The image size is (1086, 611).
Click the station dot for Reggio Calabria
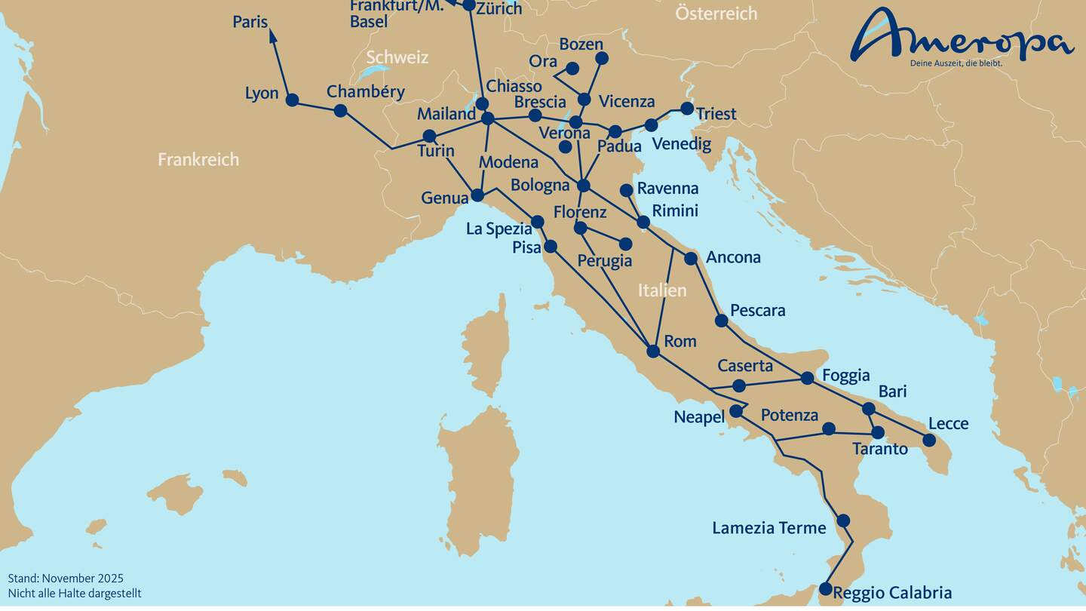(x=825, y=588)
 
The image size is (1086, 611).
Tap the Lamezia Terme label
(x=769, y=528)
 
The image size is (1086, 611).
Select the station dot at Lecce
(x=929, y=440)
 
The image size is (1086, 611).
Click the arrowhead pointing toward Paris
(x=272, y=34)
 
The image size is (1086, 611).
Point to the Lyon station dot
(x=293, y=100)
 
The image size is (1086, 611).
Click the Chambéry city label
(x=365, y=92)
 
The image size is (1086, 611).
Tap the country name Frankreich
(x=198, y=159)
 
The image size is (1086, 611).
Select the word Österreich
(x=716, y=13)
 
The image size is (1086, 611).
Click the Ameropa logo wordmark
(x=962, y=36)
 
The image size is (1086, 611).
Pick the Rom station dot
(x=653, y=351)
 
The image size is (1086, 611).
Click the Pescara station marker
(x=721, y=321)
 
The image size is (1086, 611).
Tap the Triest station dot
(x=687, y=109)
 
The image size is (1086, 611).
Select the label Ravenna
(x=667, y=189)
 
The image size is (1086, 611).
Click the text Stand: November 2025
(x=66, y=579)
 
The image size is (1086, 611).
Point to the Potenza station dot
(x=829, y=428)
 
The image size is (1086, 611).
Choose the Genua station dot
(x=477, y=195)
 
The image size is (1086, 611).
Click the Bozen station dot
(x=601, y=58)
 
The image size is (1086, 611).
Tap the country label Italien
(x=662, y=290)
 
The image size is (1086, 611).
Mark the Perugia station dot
(x=625, y=244)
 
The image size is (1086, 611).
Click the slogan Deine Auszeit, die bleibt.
(x=956, y=63)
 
